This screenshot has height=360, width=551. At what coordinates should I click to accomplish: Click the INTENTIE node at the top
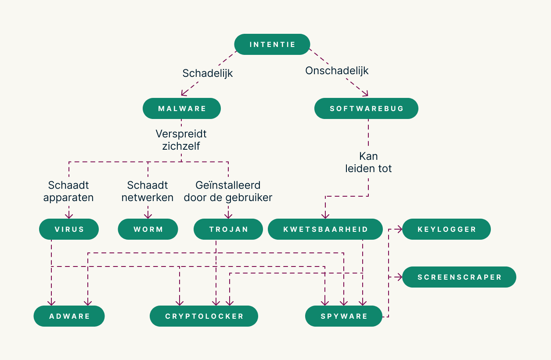click(x=272, y=44)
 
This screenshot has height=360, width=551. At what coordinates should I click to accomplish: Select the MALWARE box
click(x=182, y=108)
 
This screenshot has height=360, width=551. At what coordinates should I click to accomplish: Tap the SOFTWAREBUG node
click(x=366, y=108)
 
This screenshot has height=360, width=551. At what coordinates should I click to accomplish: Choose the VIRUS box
click(x=69, y=229)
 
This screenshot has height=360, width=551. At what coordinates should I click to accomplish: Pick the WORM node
click(x=148, y=229)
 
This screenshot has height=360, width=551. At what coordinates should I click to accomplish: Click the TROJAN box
click(x=228, y=229)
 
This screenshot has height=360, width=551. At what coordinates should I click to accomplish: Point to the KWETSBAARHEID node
click(x=325, y=229)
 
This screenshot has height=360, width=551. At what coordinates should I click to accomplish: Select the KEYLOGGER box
click(x=447, y=229)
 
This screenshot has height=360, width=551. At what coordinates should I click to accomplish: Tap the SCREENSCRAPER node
click(x=459, y=277)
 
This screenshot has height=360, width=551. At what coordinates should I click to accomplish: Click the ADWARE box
click(x=69, y=316)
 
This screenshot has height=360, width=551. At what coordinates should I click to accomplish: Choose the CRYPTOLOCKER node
click(x=204, y=316)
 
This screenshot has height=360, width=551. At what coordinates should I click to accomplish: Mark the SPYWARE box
click(x=344, y=316)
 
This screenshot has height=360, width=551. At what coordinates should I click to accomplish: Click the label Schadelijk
click(x=208, y=73)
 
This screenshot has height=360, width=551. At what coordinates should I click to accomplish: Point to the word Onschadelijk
click(x=337, y=71)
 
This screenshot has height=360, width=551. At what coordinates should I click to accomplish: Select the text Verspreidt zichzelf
click(x=181, y=140)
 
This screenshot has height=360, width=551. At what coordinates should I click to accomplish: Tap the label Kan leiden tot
click(x=368, y=162)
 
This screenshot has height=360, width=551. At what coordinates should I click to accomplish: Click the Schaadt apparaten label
click(x=68, y=191)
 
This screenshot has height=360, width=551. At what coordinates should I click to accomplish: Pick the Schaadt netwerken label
click(x=148, y=191)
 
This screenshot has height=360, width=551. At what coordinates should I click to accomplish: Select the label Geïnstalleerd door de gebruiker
click(x=228, y=191)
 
